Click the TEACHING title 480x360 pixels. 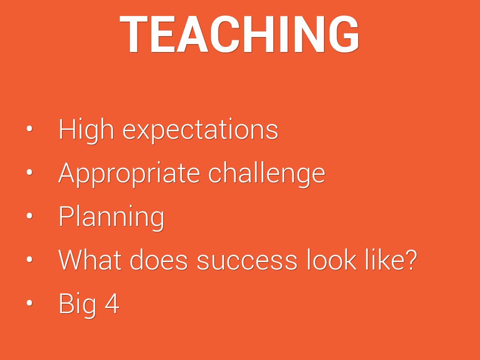click(239, 34)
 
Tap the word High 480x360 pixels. click(86, 130)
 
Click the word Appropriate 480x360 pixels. click(129, 174)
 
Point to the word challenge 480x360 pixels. click(266, 174)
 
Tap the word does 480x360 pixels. click(158, 260)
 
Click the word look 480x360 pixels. click(331, 260)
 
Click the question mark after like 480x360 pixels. click(408, 260)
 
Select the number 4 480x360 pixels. click(112, 303)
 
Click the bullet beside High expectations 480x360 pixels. click(30, 129)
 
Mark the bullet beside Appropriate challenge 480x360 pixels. click(30, 172)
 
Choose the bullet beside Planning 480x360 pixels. click(30, 216)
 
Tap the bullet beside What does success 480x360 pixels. click(30, 259)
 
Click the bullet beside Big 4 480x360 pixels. click(30, 303)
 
